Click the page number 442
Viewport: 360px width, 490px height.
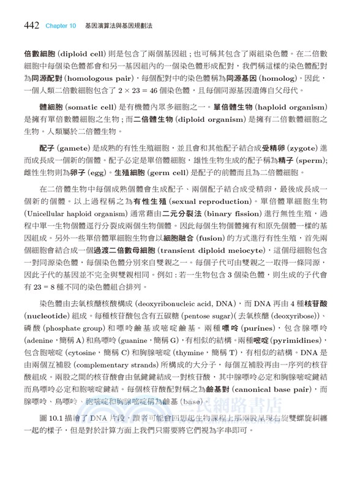[x=31, y=26]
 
